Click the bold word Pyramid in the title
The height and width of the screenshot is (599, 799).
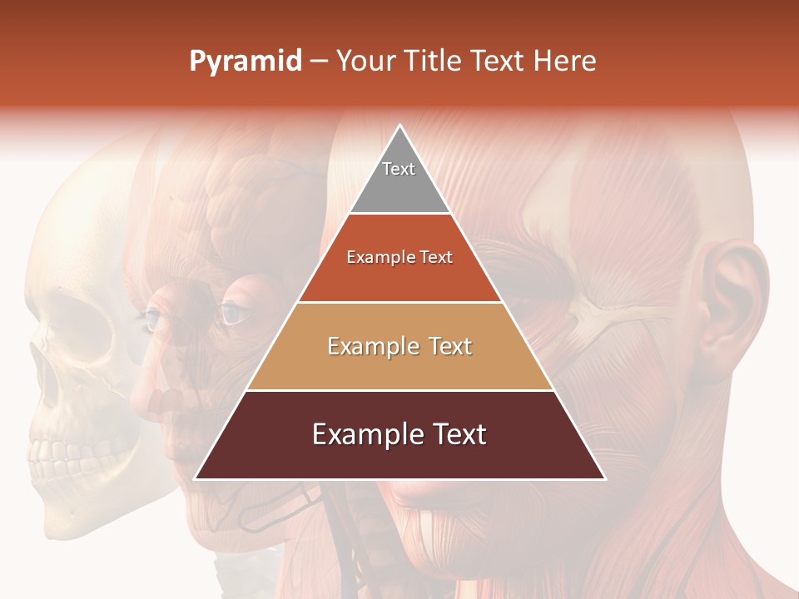[x=246, y=62]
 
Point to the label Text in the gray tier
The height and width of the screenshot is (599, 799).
[x=399, y=169]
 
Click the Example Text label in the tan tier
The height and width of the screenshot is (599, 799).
[x=399, y=346]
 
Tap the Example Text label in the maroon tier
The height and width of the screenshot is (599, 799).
[x=399, y=434]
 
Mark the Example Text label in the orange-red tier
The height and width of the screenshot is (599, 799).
[x=399, y=257]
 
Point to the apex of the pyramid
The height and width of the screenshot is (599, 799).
[x=400, y=126]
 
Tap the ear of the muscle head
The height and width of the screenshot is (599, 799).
[x=732, y=299]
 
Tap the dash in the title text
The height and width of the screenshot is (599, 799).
[x=319, y=62]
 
